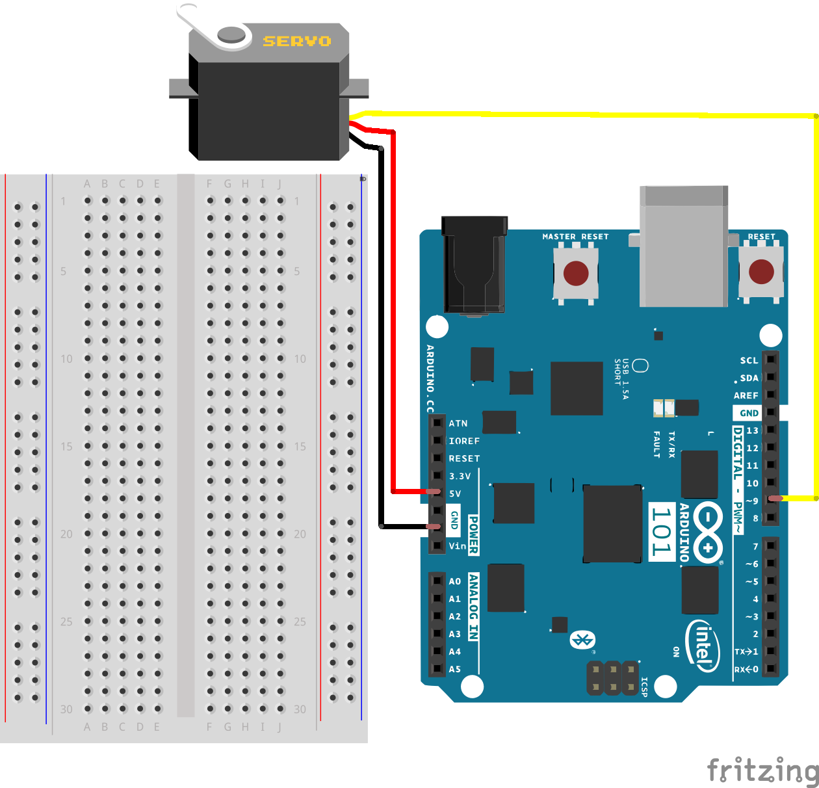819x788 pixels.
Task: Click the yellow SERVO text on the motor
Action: [296, 41]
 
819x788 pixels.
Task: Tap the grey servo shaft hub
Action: [231, 34]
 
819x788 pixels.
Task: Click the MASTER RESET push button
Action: [575, 273]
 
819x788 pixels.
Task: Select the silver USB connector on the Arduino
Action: [683, 246]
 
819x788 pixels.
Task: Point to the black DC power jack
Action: [474, 265]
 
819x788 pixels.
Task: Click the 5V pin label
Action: [454, 493]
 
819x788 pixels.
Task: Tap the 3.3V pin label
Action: [460, 476]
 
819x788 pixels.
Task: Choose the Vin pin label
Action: [457, 546]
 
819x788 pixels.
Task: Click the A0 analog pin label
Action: [454, 581]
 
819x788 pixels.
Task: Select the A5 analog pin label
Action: [454, 669]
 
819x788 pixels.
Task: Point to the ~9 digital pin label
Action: [751, 501]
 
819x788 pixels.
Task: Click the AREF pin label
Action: [746, 395]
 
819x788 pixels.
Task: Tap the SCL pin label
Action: [749, 360]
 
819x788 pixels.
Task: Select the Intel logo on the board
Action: [703, 646]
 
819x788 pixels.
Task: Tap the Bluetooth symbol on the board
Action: [582, 640]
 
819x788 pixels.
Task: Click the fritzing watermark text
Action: [762, 770]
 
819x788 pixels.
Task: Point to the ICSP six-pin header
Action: [612, 677]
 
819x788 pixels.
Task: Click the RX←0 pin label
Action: [746, 669]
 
